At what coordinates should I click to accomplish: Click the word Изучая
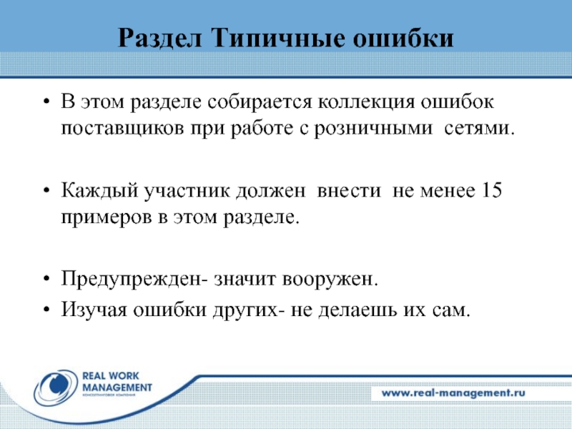(x=89, y=310)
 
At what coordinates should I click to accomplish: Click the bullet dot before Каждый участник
(x=46, y=190)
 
